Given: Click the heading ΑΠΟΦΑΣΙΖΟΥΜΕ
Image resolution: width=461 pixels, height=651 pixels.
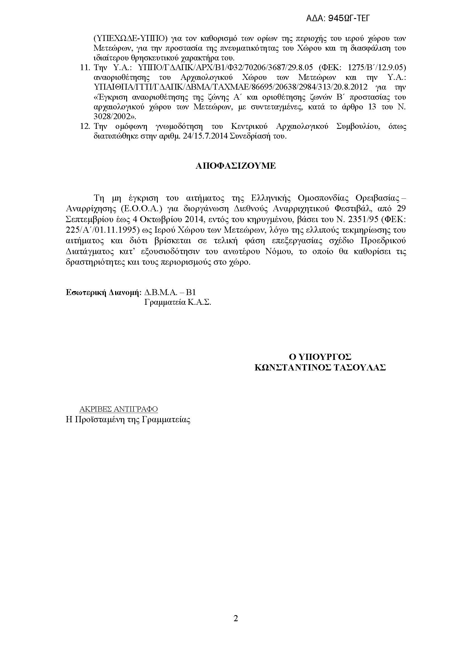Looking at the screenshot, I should (x=236, y=166).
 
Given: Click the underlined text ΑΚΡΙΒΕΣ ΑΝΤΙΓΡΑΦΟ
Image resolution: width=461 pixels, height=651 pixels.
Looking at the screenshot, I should (x=118, y=409).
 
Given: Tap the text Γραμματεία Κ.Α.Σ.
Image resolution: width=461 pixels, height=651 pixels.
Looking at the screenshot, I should (x=178, y=302).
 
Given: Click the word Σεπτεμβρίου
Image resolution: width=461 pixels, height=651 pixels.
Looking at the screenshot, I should (x=89, y=219).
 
